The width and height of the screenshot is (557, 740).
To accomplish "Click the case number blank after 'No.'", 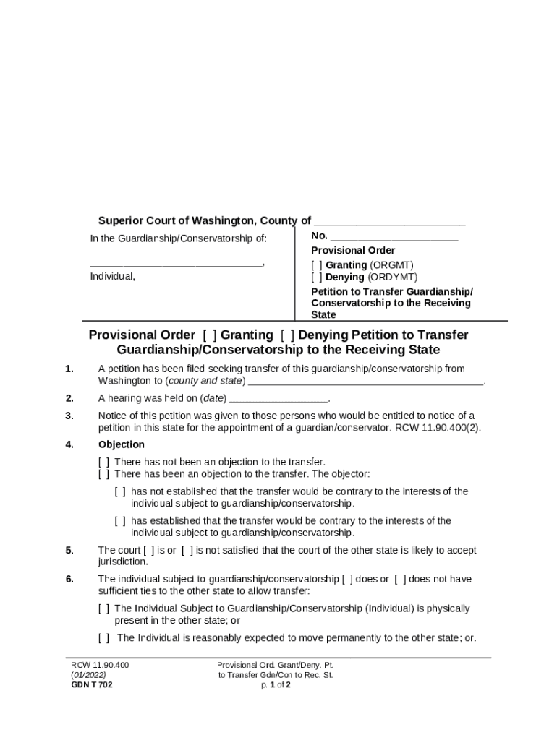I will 394,236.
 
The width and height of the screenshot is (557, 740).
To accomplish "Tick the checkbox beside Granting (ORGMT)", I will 317,265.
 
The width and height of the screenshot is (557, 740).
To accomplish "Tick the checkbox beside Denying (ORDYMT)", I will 317,277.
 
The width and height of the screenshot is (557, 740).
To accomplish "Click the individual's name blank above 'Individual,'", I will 177,264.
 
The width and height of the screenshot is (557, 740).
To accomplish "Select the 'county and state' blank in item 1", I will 365,381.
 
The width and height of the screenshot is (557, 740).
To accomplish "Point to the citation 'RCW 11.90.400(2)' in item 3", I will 441,427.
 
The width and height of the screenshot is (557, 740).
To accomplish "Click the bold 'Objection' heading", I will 122,444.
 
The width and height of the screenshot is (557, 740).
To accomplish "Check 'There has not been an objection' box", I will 104,462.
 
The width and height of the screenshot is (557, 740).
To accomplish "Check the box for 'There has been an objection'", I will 104,474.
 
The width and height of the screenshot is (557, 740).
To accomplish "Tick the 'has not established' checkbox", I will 120,491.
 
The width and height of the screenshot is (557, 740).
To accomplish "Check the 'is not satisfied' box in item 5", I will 187,551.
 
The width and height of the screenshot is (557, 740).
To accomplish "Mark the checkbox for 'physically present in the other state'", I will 104,609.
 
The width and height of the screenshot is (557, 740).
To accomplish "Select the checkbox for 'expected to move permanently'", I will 104,638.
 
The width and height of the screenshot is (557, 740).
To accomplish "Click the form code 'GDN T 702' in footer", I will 92,685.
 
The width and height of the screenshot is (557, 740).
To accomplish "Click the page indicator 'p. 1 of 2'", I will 276,685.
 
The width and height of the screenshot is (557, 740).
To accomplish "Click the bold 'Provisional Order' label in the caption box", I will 353,251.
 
